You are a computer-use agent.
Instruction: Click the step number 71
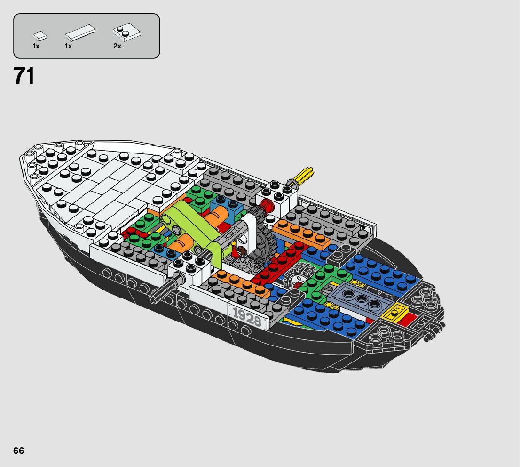pyautogui.click(x=24, y=76)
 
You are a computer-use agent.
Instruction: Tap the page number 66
pyautogui.click(x=18, y=451)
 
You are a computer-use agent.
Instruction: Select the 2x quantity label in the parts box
pyautogui.click(x=117, y=46)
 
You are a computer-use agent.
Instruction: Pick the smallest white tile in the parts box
pyautogui.click(x=40, y=36)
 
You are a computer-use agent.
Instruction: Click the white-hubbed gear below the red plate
pyautogui.click(x=298, y=278)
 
